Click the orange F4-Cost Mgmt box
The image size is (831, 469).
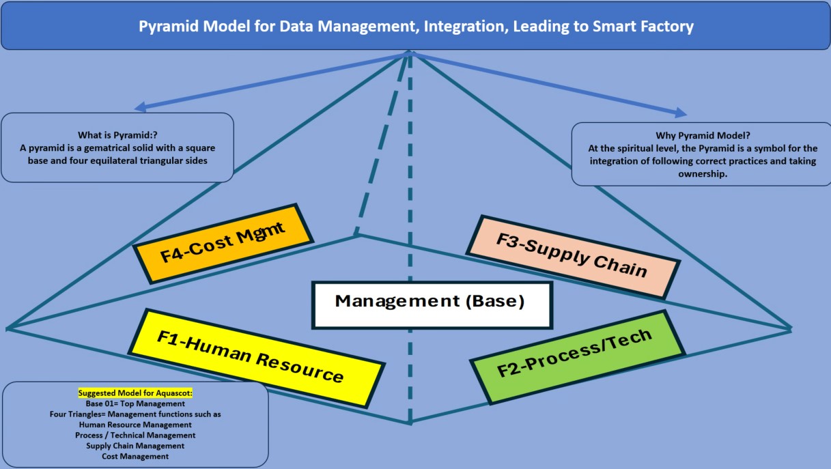223,244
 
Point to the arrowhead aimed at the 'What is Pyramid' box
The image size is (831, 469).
139,107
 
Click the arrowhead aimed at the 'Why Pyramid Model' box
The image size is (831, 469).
681,113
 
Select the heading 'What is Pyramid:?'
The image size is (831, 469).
117,135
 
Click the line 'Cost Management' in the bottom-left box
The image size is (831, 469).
135,456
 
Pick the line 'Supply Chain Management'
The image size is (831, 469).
135,446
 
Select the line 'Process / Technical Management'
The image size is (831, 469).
135,435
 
